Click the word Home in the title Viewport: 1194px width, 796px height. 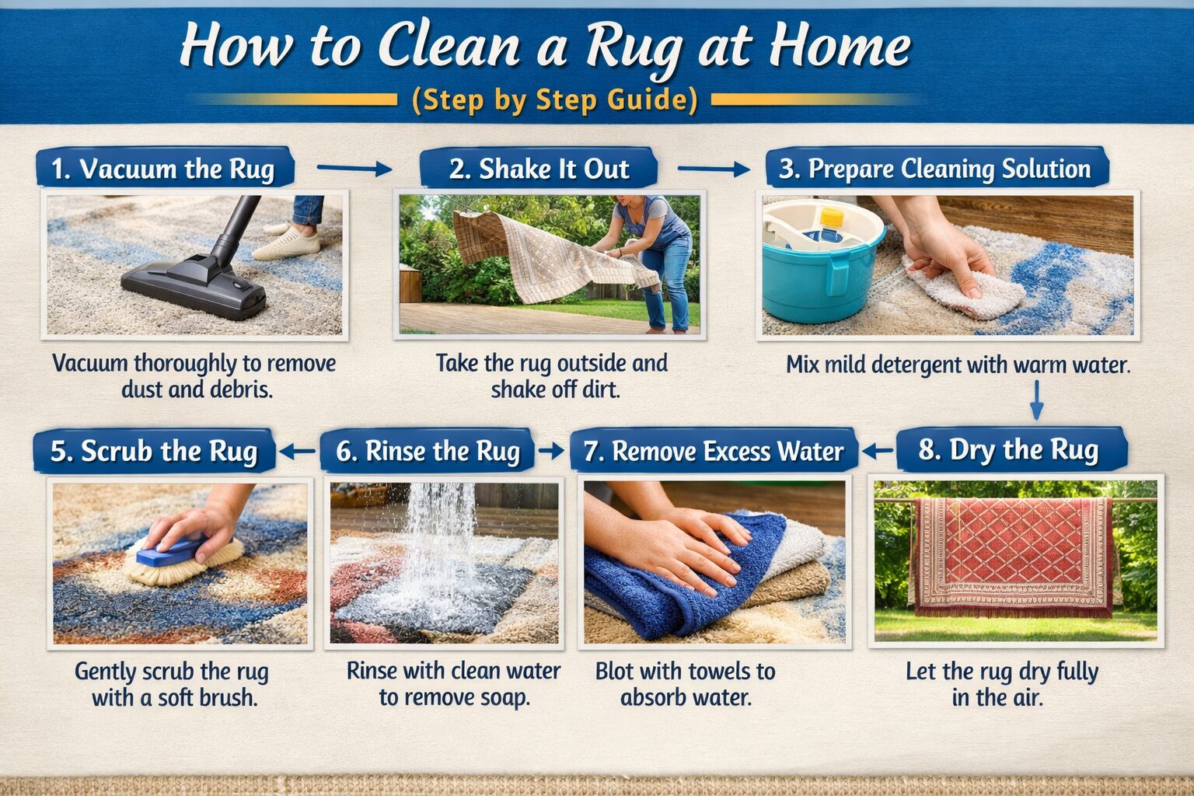[840, 47]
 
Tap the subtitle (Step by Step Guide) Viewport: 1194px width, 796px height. [553, 101]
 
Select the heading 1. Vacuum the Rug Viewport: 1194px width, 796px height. [163, 169]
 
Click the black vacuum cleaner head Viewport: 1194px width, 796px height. [194, 288]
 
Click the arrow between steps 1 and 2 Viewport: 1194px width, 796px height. [354, 168]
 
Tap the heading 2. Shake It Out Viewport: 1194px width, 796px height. [539, 169]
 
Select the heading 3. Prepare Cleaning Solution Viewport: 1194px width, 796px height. [936, 169]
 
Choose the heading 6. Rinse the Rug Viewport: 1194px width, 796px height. [428, 451]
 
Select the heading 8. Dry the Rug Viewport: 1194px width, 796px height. [1009, 450]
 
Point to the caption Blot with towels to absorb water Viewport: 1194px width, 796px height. [686, 684]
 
